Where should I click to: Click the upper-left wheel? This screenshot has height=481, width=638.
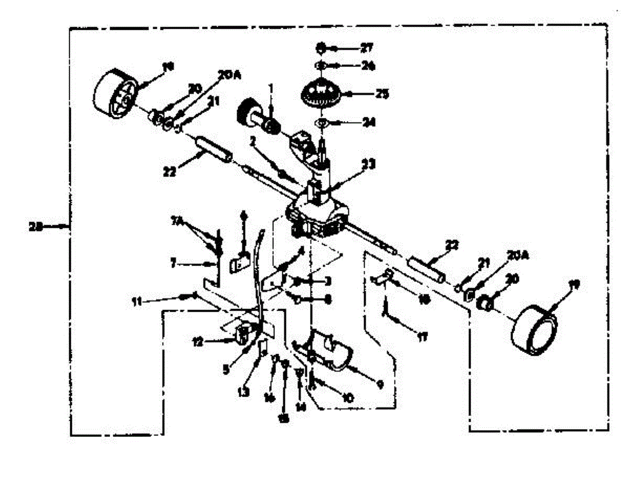point(114,93)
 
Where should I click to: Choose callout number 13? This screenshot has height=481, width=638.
point(243,393)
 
